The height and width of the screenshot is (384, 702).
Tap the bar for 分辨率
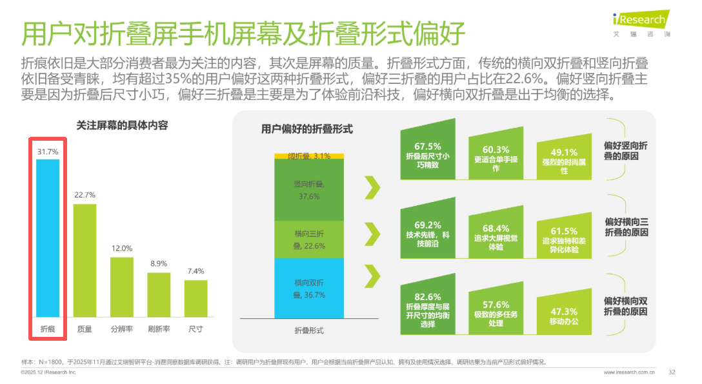[121, 287]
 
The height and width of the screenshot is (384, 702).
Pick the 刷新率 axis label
[159, 328]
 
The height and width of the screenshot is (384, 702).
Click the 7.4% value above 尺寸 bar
[196, 272]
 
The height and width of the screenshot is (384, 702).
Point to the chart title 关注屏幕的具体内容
[122, 125]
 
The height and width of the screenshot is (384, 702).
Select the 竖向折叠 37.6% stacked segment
[309, 190]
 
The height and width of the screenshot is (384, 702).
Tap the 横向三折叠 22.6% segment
[309, 239]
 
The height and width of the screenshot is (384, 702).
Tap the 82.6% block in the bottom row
[427, 308]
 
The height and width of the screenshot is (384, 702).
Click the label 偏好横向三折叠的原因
[626, 227]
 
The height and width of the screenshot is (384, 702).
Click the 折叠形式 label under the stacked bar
[309, 330]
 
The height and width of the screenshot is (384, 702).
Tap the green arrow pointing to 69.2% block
[372, 231]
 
